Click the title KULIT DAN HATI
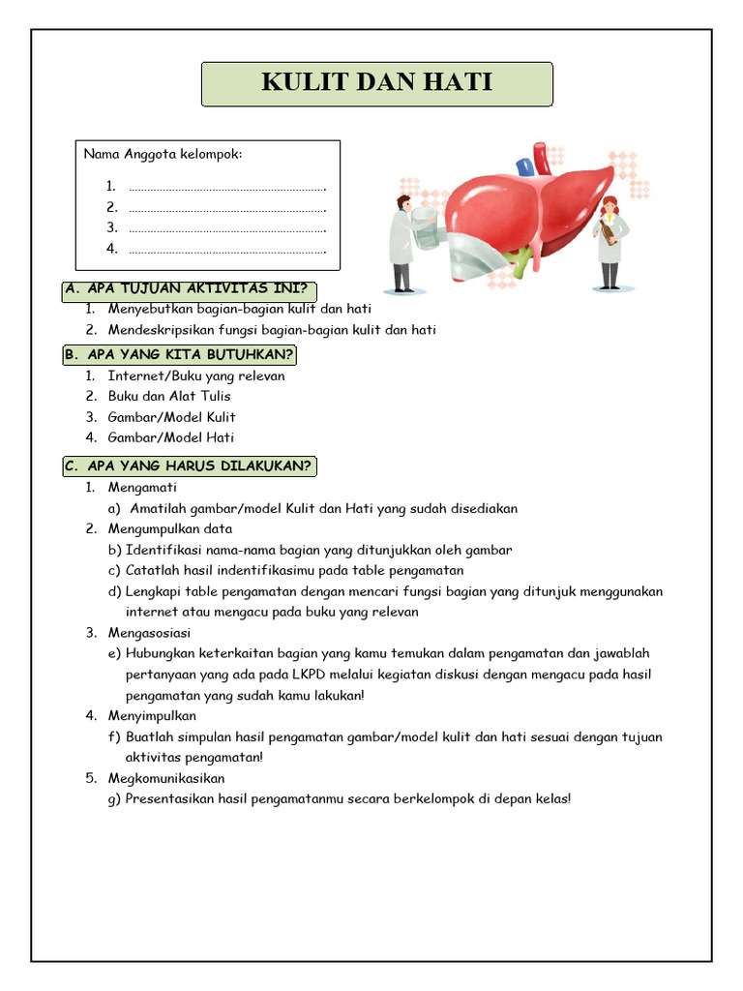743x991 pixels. tap(376, 83)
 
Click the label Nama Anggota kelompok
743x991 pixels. tap(163, 154)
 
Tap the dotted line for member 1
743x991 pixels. tap(226, 186)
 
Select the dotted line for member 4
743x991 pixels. tap(226, 250)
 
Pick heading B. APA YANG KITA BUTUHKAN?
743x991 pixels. tap(180, 354)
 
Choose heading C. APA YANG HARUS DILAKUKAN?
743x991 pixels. tap(190, 466)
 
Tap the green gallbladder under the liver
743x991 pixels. tap(520, 258)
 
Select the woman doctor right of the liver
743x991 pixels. tap(610, 242)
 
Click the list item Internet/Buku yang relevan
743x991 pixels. tap(195, 375)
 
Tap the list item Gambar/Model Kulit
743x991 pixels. tap(171, 417)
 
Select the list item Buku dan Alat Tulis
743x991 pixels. tap(169, 396)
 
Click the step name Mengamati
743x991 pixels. tap(142, 487)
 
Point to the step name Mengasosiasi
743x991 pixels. tap(149, 633)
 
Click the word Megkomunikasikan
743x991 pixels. tap(166, 778)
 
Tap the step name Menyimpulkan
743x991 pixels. tap(152, 716)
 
